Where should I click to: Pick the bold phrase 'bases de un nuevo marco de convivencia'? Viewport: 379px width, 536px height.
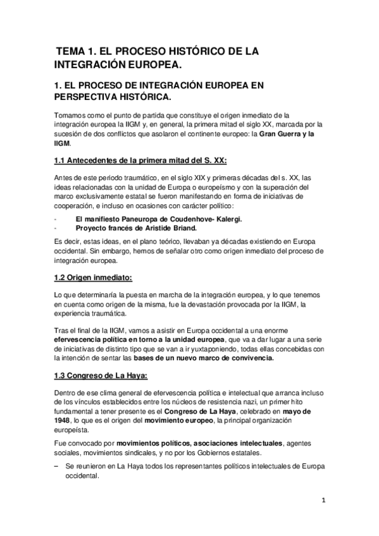coord(197,357)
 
